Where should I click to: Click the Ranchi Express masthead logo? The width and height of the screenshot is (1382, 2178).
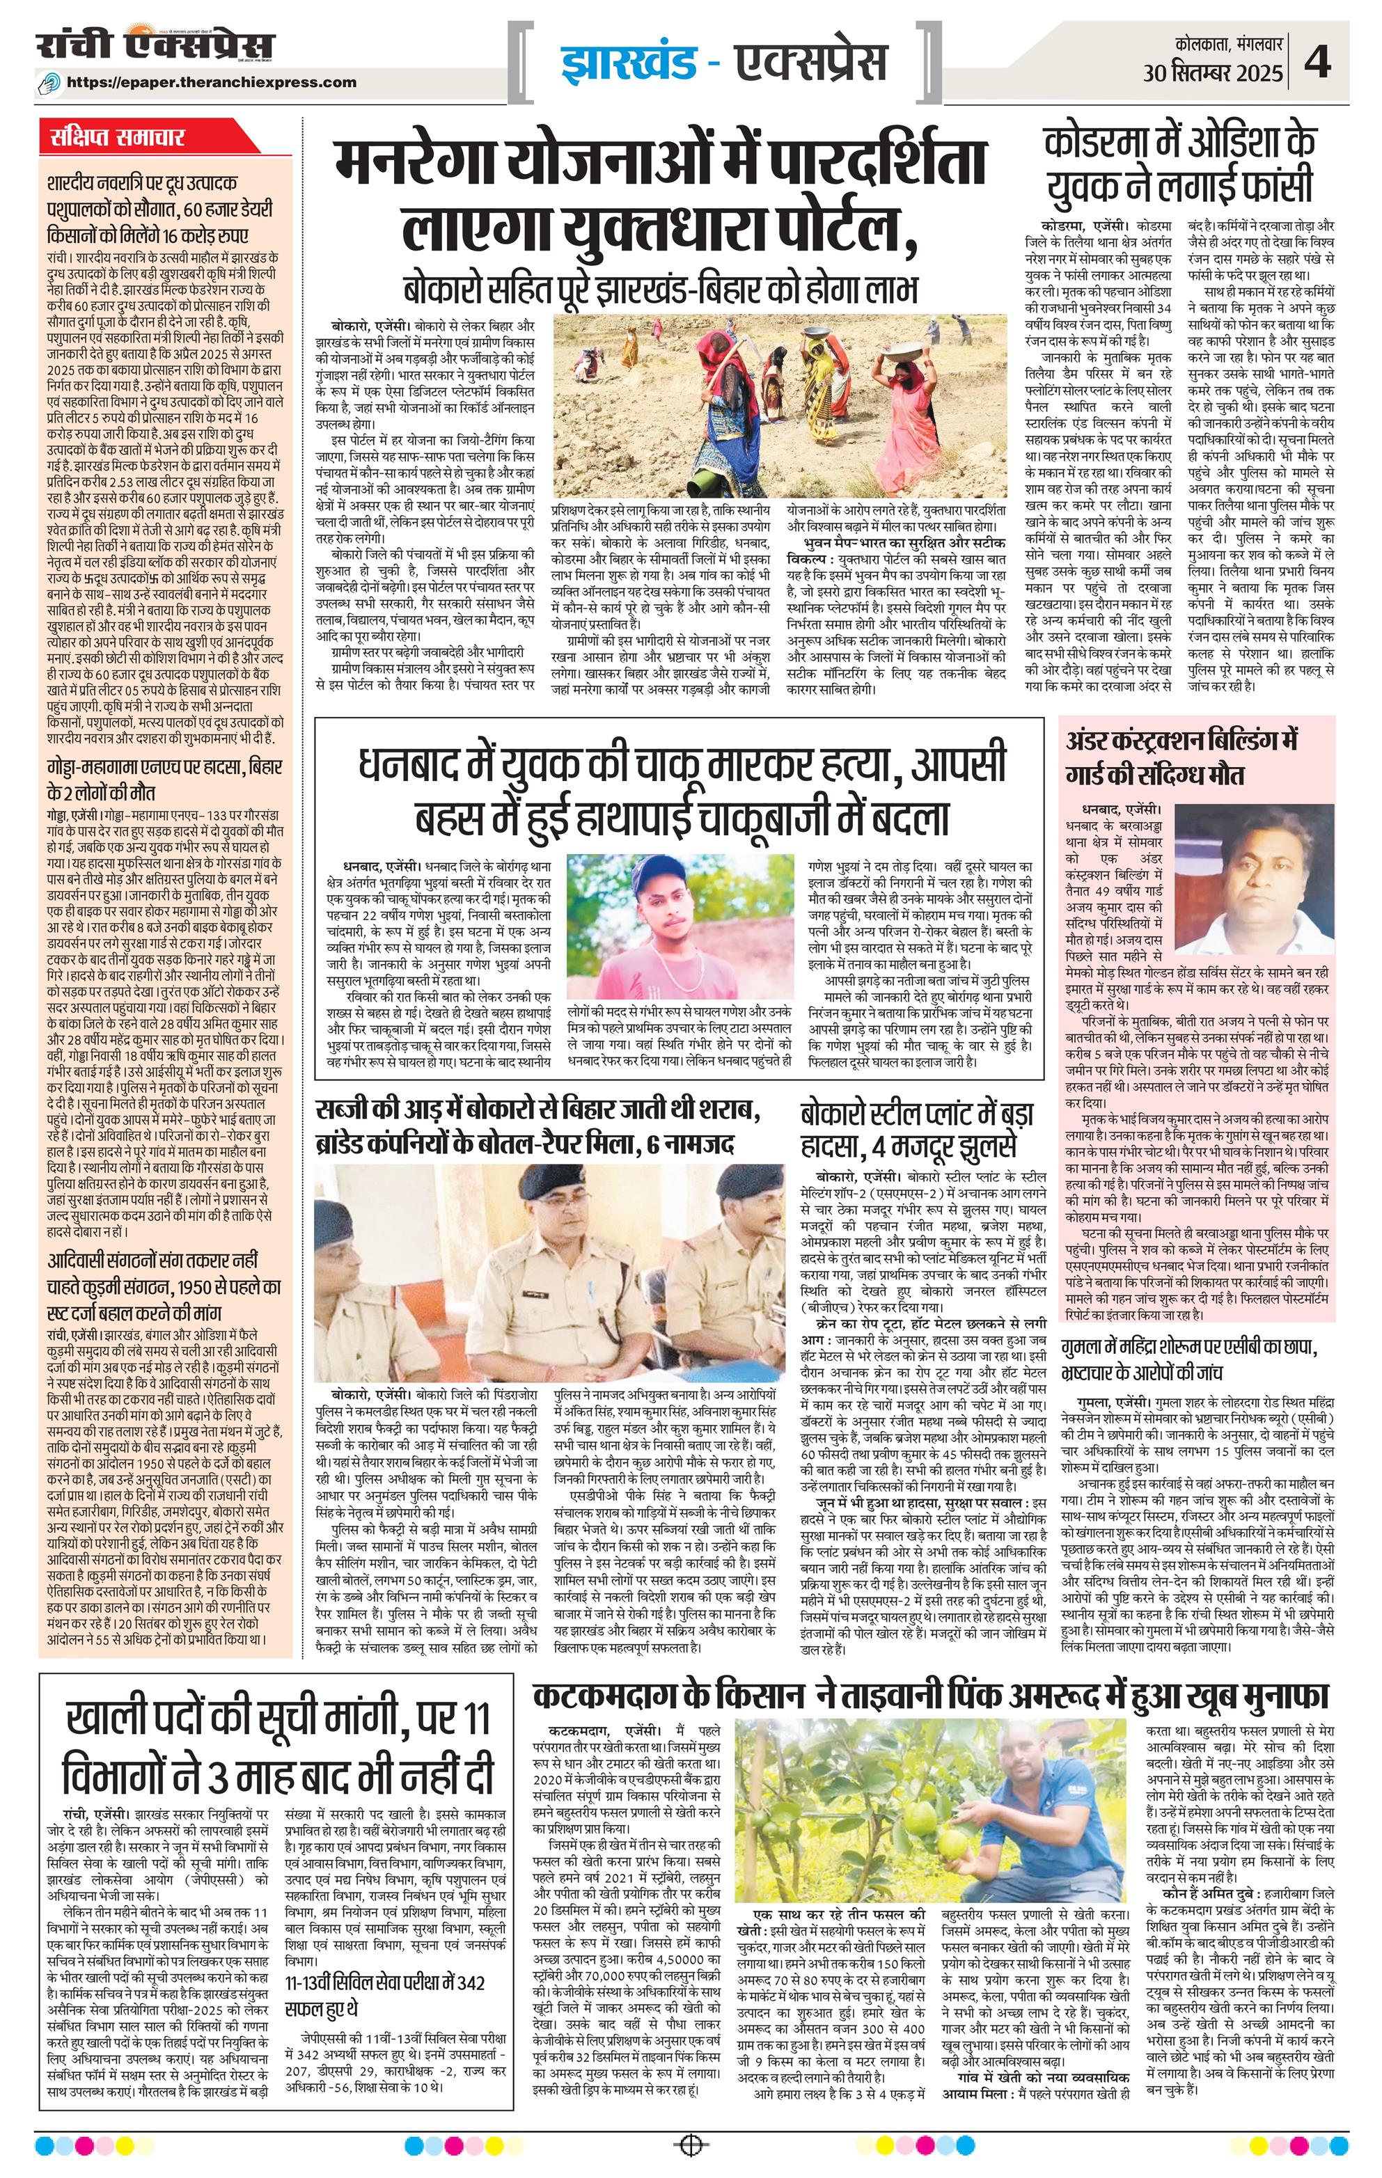[155, 45]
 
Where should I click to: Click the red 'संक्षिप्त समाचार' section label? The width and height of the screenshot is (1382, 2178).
[118, 139]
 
